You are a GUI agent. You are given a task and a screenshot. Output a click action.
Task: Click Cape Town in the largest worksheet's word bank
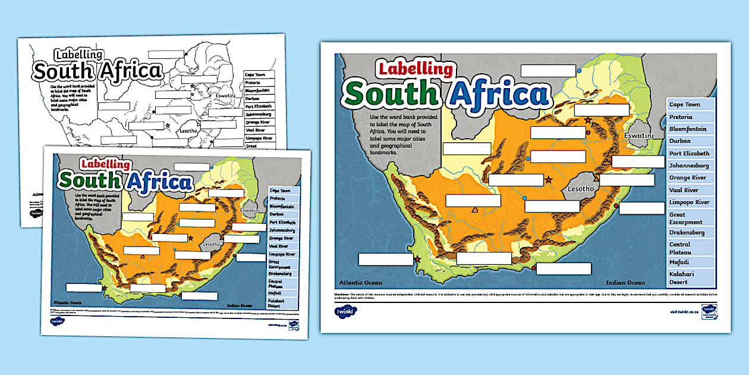(685, 104)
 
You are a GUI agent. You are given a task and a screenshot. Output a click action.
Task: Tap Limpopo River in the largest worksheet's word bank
(690, 202)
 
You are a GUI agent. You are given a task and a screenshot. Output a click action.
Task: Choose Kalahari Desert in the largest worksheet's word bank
(682, 278)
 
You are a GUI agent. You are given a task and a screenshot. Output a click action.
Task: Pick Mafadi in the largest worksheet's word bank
(679, 262)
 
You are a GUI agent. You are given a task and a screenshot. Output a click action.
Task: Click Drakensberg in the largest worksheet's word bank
(687, 232)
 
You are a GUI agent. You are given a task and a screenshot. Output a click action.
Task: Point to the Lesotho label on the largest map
(581, 189)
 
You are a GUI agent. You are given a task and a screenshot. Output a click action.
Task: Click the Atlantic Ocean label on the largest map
(361, 283)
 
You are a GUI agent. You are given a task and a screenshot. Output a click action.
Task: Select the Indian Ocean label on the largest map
(625, 283)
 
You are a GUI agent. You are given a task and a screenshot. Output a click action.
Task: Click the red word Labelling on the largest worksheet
(416, 69)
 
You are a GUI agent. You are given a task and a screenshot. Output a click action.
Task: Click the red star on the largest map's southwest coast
(417, 260)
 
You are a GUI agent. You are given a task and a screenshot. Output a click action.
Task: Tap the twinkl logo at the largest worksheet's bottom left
(343, 310)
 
